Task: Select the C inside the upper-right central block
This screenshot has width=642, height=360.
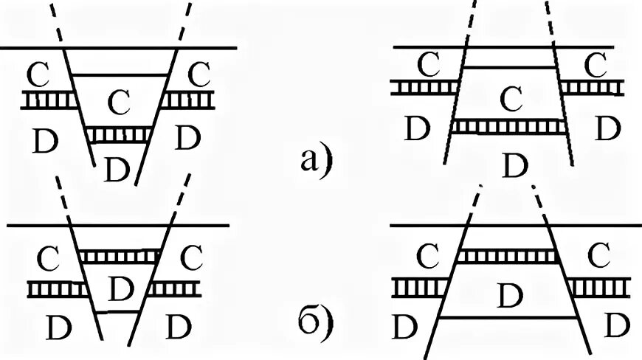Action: click(508, 96)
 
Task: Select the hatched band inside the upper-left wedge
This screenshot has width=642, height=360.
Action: click(119, 135)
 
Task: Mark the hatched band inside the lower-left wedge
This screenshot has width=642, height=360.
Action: click(119, 255)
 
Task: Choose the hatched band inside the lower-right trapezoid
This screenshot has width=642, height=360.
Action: click(507, 255)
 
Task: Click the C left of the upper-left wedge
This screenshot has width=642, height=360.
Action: click(38, 74)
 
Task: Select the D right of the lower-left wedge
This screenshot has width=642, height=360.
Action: click(179, 325)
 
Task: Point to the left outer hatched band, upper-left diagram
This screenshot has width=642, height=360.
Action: click(49, 100)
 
